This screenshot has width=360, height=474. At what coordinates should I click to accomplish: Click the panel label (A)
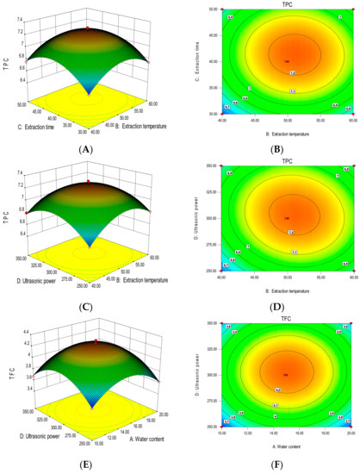point(84,149)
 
